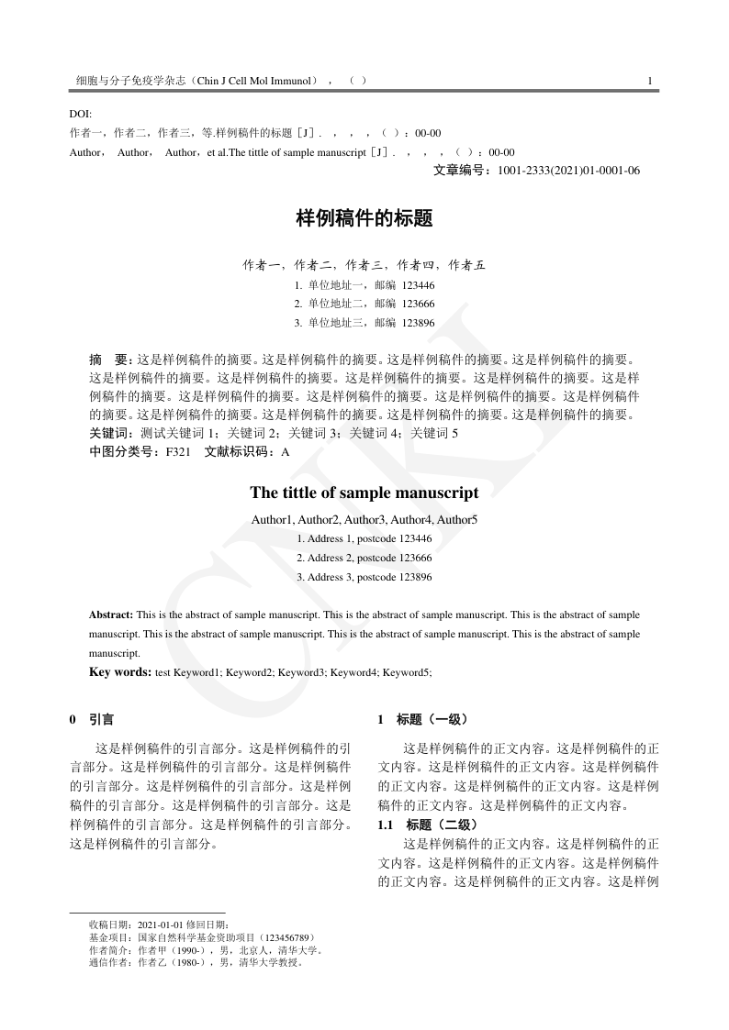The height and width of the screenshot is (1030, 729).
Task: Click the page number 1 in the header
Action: click(649, 81)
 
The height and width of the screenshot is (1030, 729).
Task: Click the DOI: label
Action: click(81, 114)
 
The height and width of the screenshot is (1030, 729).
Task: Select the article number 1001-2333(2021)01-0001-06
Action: click(568, 171)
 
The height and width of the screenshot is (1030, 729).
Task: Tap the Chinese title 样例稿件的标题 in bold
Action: click(364, 219)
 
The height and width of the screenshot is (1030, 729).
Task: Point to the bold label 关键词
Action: click(109, 433)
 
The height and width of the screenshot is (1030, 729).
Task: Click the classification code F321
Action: click(178, 451)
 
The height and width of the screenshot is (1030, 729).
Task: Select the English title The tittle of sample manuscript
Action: click(364, 493)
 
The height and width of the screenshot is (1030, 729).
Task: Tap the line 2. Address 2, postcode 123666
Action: click(364, 558)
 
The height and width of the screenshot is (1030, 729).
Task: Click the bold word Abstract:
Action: click(111, 614)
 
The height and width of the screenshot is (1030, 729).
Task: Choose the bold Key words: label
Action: click(120, 672)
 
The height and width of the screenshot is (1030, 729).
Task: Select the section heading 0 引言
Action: click(92, 720)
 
